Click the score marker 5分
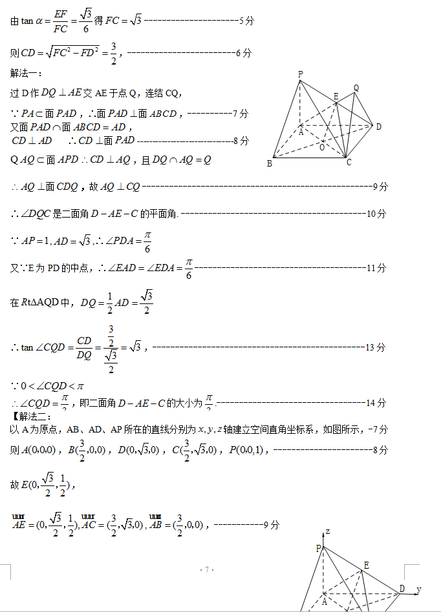coord(246,21)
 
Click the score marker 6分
coord(244,53)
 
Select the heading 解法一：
coord(27,72)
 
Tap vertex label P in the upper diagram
coord(300,74)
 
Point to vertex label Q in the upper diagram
coord(356,87)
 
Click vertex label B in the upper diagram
coord(270,163)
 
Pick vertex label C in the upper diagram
coord(349,162)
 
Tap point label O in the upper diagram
coord(322,147)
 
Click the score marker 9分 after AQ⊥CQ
coord(380,187)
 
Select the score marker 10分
coord(376,214)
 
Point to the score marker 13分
coord(376,347)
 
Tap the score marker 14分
coord(376,403)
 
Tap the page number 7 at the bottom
coord(207,569)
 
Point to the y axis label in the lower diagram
coord(419,589)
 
